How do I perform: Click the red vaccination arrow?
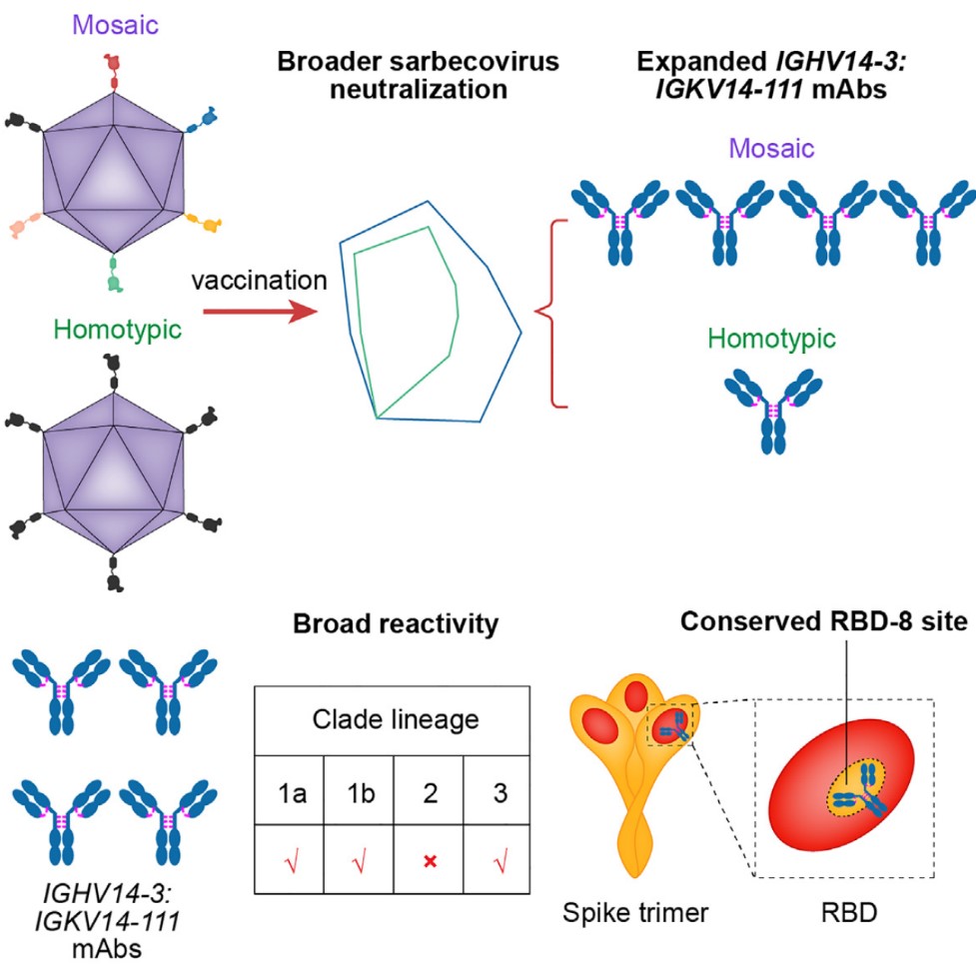[x=262, y=315]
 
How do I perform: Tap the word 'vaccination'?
[x=259, y=281]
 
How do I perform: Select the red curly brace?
[x=545, y=314]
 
